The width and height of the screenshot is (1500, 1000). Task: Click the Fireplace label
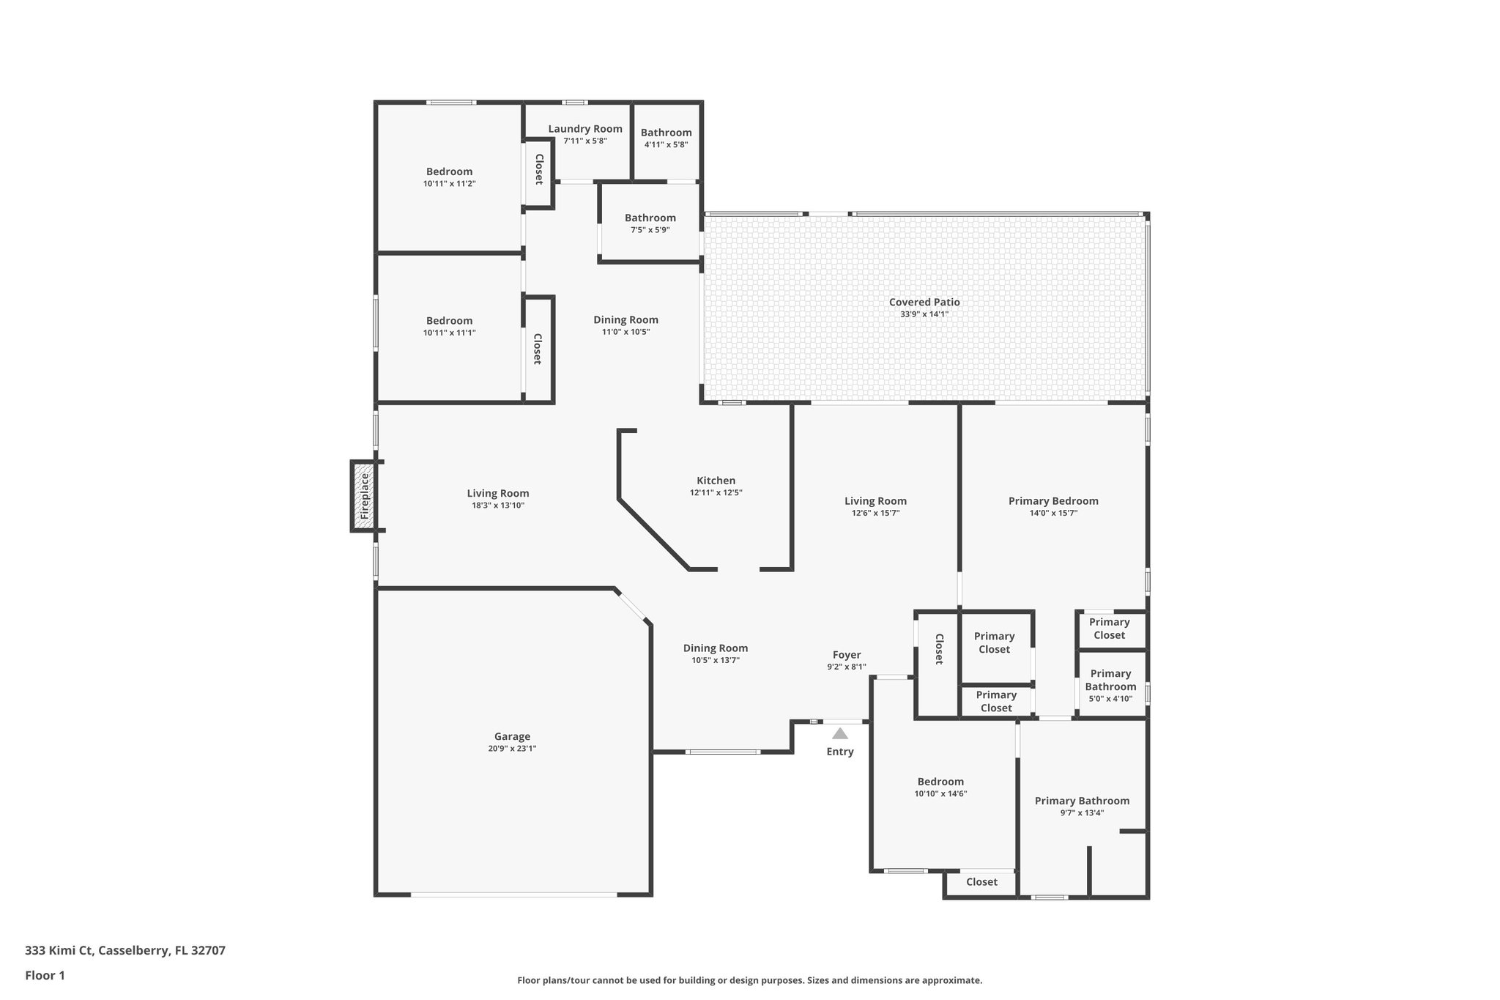pos(365,496)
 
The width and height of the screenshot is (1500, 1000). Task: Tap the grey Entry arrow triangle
pos(840,733)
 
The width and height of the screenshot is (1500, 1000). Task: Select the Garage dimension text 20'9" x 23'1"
pos(512,749)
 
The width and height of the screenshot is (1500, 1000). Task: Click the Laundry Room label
pos(585,129)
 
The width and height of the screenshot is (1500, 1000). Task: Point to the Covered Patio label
pos(924,302)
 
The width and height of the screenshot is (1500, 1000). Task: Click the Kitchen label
pos(716,481)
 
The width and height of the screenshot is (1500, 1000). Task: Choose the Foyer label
pos(847,655)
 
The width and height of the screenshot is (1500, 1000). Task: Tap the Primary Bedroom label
pos(1053,501)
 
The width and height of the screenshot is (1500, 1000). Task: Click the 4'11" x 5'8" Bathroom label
pos(666,133)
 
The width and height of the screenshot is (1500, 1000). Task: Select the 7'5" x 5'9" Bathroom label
pos(650,218)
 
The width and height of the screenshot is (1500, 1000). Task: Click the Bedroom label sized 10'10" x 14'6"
pos(940,782)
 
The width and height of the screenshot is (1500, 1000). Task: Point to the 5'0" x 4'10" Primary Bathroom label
pos(1110,680)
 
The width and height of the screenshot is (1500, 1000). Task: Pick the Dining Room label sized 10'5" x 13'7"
pos(715,648)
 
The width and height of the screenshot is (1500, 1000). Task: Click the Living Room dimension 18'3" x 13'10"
pos(498,505)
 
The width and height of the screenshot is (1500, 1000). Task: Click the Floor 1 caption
pos(45,975)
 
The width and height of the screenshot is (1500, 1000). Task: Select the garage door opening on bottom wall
pos(513,894)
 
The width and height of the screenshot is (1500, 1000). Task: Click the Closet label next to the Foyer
pos(938,649)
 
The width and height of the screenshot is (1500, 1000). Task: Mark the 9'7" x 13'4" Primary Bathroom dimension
pos(1082,812)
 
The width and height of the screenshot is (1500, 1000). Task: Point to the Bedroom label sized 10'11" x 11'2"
pos(449,171)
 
